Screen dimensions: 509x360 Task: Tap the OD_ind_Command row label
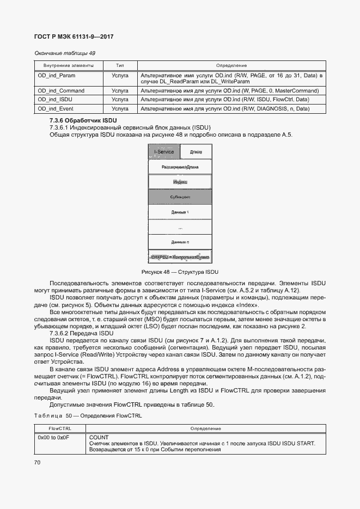(61, 90)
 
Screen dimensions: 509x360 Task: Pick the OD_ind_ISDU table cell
(55, 100)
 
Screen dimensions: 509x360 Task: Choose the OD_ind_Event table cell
(56, 109)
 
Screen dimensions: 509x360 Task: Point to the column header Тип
(120, 65)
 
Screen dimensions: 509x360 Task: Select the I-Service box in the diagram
(164, 152)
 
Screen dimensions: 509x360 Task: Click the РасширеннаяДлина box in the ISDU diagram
(180, 167)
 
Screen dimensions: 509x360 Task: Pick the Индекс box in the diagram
(180, 181)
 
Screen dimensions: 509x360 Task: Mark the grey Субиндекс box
(180, 197)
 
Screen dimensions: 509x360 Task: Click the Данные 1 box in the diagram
(180, 212)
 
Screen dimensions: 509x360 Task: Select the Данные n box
(180, 242)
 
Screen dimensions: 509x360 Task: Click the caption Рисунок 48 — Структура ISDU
(179, 272)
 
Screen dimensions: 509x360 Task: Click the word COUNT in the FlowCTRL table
(99, 437)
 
